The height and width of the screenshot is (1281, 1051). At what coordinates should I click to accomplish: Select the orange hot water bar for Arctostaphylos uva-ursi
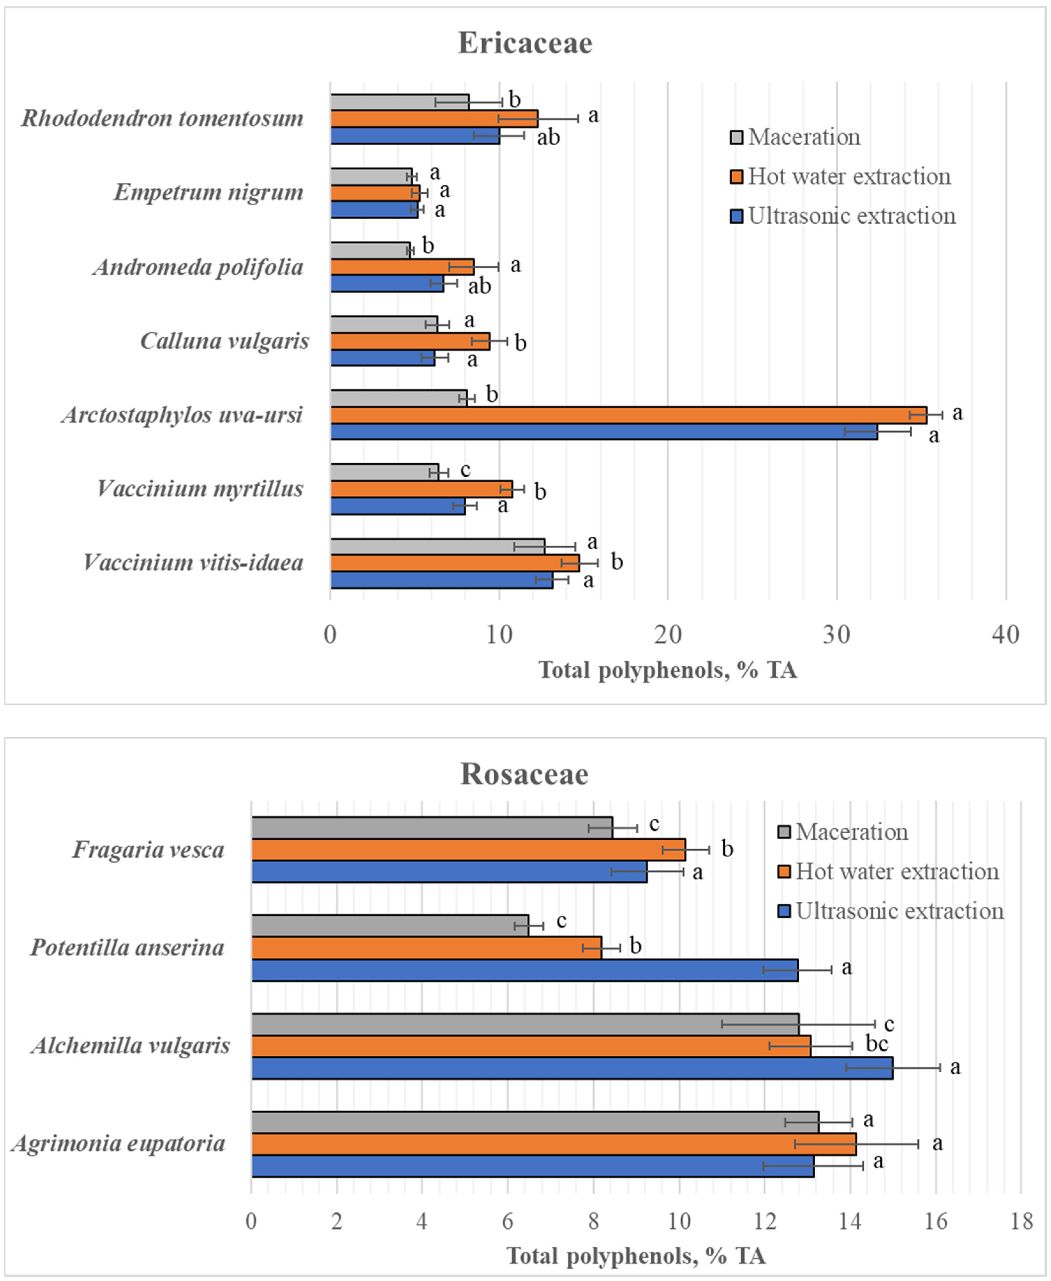pyautogui.click(x=628, y=415)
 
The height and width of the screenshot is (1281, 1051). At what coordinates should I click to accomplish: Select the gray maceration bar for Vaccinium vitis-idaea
pyautogui.click(x=437, y=546)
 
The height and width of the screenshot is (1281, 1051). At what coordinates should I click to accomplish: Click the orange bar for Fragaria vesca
pyautogui.click(x=468, y=849)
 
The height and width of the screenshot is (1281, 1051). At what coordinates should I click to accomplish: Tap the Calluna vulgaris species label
pyautogui.click(x=225, y=341)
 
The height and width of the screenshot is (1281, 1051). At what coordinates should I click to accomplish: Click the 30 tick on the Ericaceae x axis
pyautogui.click(x=837, y=635)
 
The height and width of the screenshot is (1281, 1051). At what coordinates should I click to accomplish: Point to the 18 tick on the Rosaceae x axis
pyautogui.click(x=1021, y=1221)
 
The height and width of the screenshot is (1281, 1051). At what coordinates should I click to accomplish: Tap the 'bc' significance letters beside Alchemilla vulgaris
pyautogui.click(x=877, y=1044)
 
